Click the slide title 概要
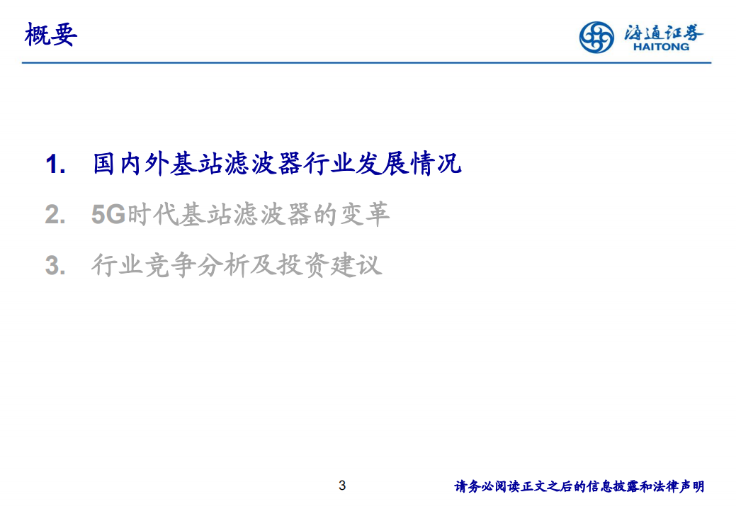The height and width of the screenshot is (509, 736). [50, 35]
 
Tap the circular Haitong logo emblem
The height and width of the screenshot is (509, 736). [596, 37]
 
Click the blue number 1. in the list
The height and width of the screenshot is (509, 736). [56, 165]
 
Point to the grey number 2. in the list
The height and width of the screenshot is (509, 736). [56, 216]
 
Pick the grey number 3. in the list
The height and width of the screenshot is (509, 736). [56, 266]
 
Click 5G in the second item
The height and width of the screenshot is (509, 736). [108, 215]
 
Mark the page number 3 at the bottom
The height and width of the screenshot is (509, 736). [342, 486]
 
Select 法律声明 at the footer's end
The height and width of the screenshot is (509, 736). [679, 486]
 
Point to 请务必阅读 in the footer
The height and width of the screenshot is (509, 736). [485, 486]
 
